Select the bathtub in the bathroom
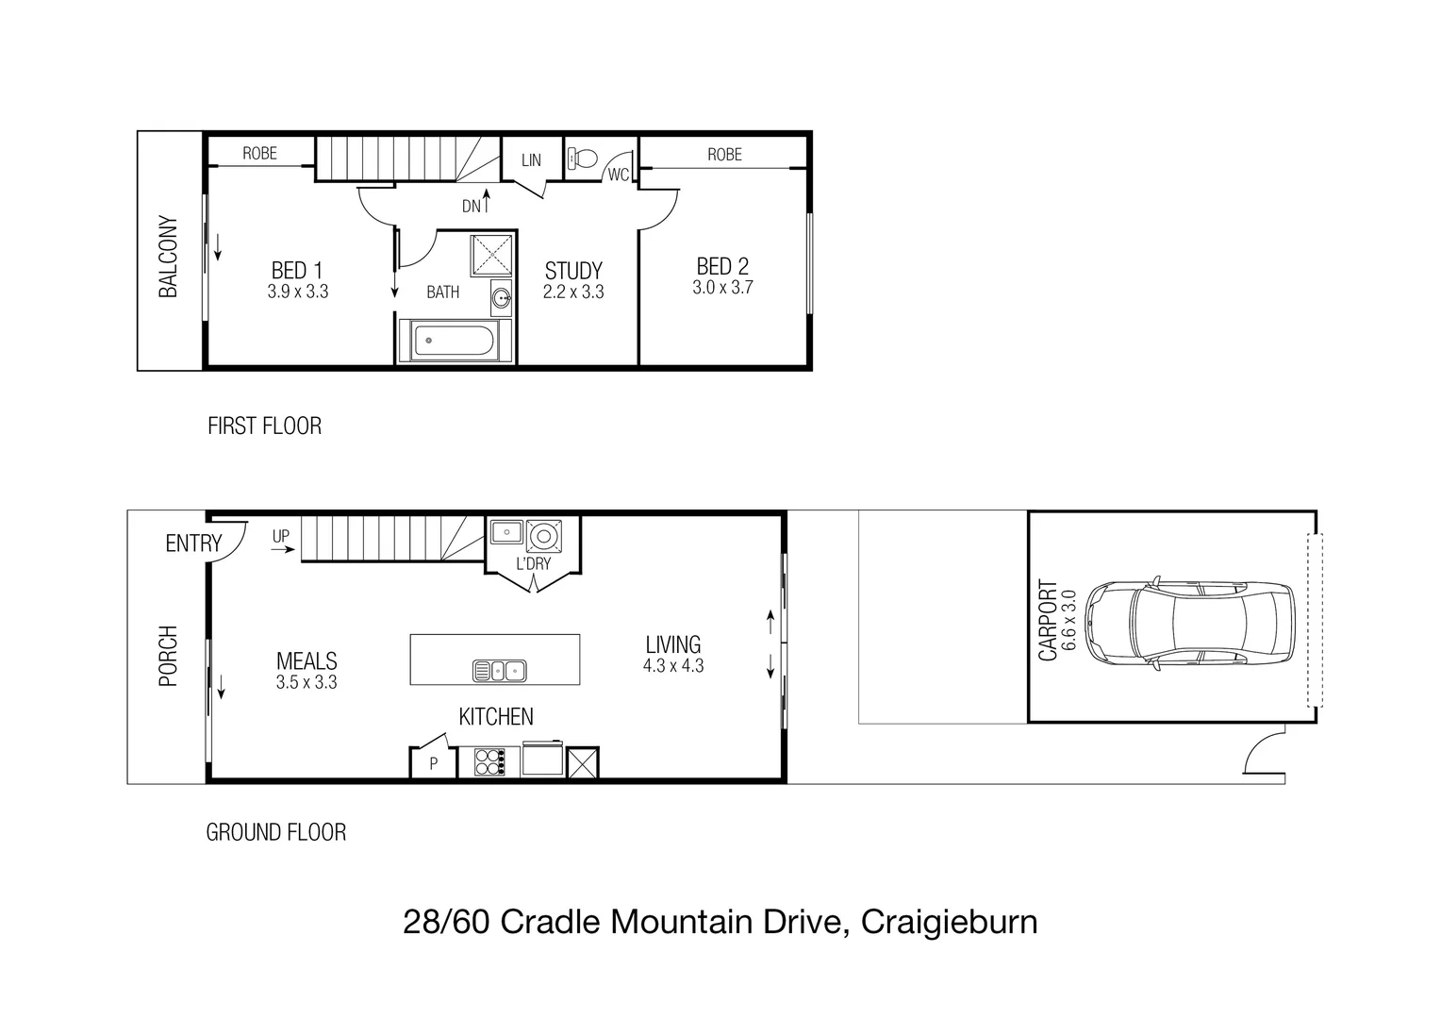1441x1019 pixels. (455, 341)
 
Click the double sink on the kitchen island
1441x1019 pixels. (499, 671)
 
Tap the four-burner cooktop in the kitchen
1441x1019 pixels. (489, 760)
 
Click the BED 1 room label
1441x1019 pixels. (297, 270)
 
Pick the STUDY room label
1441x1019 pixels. (572, 272)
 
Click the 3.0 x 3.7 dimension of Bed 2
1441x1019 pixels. (722, 288)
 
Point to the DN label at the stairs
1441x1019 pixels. (471, 206)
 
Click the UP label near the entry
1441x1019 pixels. (281, 537)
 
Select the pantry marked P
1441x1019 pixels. (433, 763)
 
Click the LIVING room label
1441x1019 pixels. (672, 644)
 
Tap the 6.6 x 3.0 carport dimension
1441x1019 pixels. (1068, 620)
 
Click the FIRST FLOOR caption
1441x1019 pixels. (264, 426)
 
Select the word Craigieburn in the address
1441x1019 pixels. (950, 921)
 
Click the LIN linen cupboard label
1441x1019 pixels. (531, 160)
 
